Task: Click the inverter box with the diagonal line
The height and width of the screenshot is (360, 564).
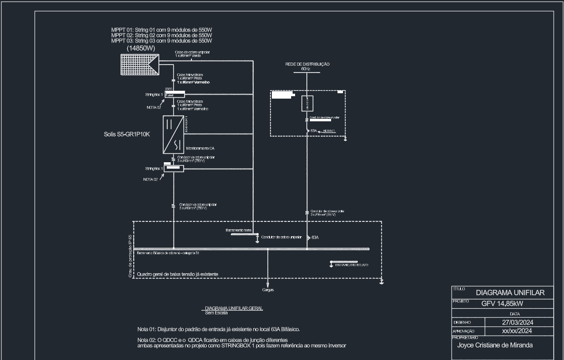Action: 173,134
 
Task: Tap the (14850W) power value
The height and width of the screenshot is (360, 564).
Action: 141,48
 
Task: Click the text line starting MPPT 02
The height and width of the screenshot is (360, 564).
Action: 161,36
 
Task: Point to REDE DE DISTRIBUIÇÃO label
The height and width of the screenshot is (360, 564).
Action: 307,64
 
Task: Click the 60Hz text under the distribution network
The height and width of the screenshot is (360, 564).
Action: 305,69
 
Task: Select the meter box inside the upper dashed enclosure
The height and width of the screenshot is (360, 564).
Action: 306,104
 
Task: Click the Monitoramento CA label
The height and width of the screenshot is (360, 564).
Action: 200,148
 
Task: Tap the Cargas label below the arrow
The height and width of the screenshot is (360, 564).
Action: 268,290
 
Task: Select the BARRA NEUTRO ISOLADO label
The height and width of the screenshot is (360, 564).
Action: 351,265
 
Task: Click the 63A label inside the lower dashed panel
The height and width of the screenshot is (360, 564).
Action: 315,237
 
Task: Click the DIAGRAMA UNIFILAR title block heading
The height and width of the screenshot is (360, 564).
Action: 510,293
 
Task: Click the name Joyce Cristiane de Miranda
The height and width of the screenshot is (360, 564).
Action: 495,345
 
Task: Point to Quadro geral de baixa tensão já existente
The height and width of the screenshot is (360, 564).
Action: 177,274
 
